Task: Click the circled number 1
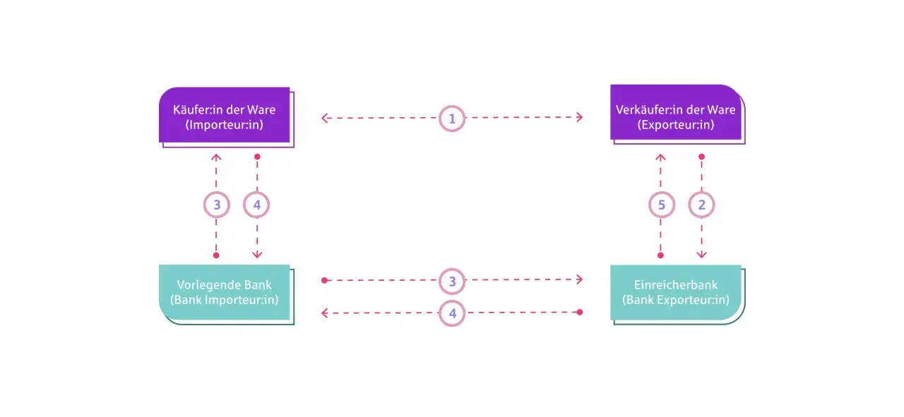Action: coord(452,119)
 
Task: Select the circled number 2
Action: coord(701,205)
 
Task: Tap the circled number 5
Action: coord(662,205)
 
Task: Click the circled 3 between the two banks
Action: coord(452,281)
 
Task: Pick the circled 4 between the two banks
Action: coord(452,313)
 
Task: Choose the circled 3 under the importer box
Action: coord(217,205)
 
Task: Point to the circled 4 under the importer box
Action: coord(256,205)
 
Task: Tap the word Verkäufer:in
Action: coord(644,109)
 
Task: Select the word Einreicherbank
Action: coord(676,285)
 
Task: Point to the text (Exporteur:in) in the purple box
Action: coord(676,125)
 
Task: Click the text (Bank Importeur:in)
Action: coord(225,300)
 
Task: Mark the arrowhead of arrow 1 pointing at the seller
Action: coord(580,117)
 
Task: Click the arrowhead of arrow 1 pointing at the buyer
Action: coord(324,118)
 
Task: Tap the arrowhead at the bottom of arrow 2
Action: coord(701,255)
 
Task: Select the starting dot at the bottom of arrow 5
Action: coord(660,255)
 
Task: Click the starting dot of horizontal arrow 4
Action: coord(580,312)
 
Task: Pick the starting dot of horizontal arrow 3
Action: coord(324,280)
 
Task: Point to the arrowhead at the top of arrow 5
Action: coord(660,157)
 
